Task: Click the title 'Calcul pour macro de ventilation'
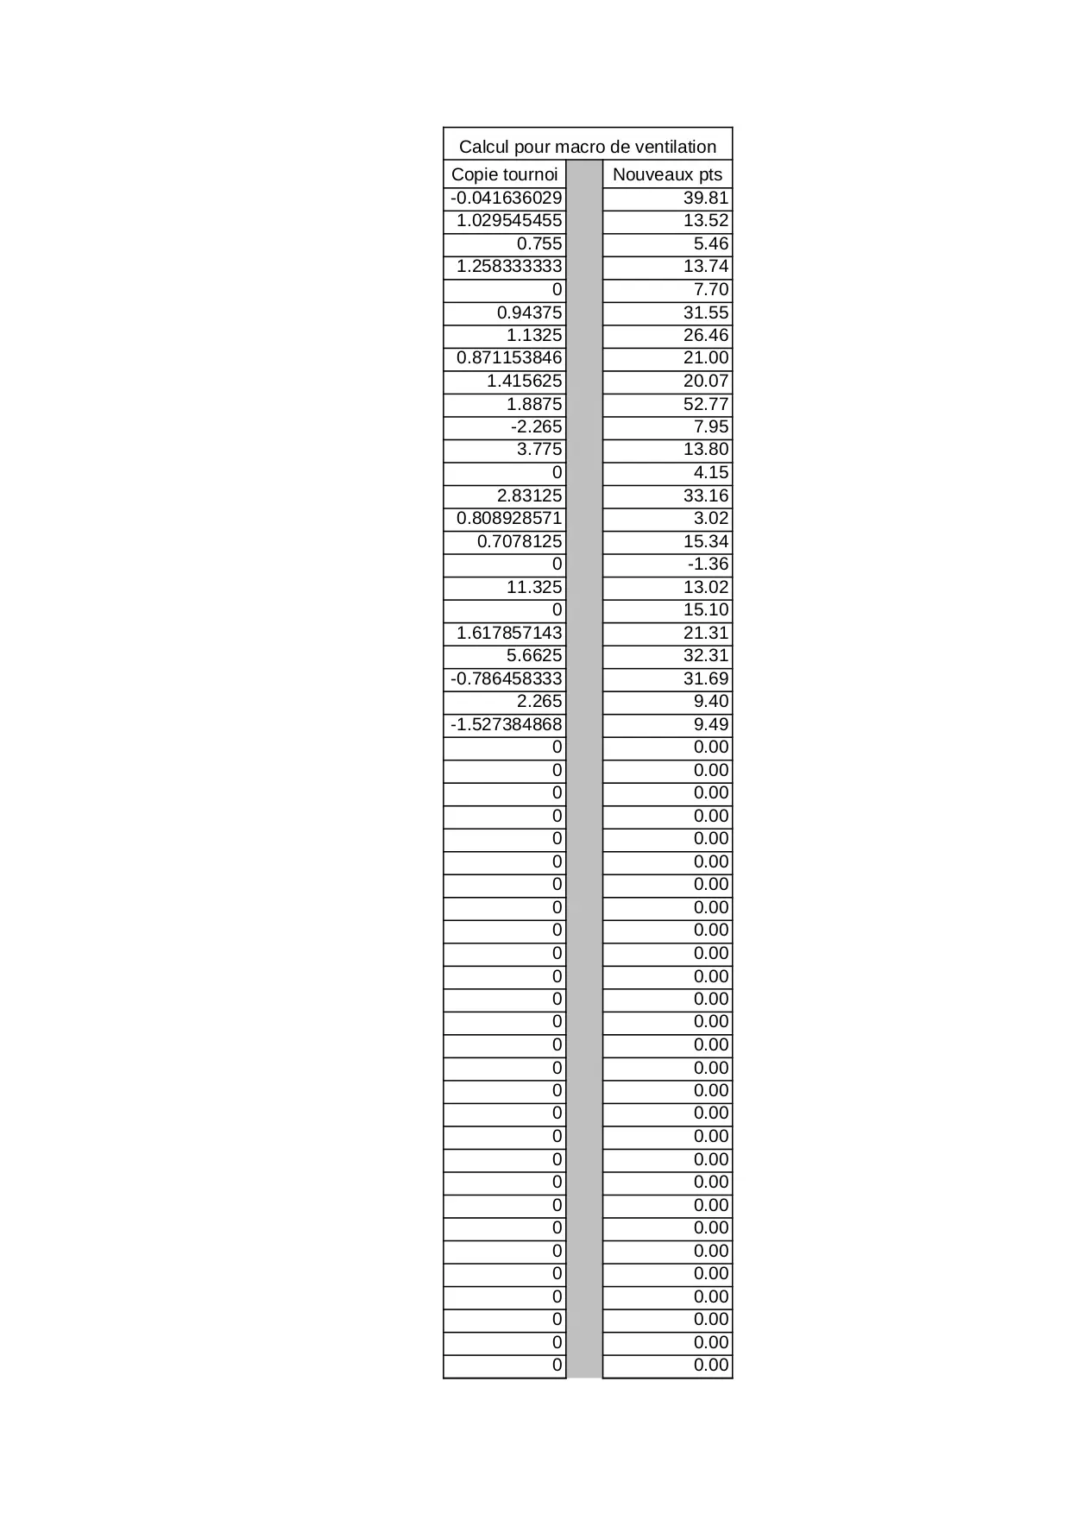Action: click(587, 146)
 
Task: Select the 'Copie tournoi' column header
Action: click(504, 174)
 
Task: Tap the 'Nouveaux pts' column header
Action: click(667, 174)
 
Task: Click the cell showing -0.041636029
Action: click(506, 198)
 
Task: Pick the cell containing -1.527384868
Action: click(506, 724)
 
